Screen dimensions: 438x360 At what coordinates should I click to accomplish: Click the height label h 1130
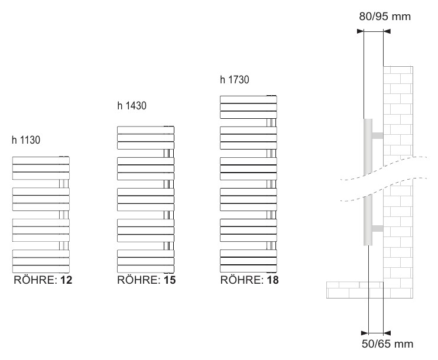coord(26,140)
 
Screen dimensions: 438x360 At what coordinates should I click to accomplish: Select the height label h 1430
coord(132,106)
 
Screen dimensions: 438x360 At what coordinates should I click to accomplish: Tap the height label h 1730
coord(234,80)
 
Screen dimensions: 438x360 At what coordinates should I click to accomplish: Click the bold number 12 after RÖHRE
coord(66,280)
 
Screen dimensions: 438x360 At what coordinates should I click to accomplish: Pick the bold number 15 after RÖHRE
coord(170,280)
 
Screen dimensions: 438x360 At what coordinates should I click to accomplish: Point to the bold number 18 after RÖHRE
coord(272,280)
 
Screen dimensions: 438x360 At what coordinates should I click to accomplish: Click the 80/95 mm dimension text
coord(385,17)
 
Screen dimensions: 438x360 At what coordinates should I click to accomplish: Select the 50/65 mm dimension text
coord(387,344)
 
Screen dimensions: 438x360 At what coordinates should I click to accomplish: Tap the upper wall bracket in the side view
coord(377,136)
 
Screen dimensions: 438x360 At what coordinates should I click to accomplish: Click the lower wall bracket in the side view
coord(377,228)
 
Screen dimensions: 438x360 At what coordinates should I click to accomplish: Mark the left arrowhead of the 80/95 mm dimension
coord(361,31)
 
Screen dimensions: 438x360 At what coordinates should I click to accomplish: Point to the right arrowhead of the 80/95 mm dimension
coord(387,31)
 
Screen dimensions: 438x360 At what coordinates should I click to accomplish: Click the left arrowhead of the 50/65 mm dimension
coord(365,333)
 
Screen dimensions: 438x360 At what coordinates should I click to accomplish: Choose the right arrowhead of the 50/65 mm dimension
coord(387,333)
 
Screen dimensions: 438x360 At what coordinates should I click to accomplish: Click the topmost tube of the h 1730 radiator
coord(248,100)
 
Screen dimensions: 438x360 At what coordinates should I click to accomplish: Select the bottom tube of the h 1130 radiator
coord(41,269)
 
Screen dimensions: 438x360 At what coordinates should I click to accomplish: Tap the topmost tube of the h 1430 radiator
coord(145,130)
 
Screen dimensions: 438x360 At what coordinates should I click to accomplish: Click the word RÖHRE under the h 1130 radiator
coord(35,280)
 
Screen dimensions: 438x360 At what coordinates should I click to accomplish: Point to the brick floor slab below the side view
coord(355,290)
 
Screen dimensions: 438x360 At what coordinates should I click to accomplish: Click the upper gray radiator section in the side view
coord(368,147)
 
